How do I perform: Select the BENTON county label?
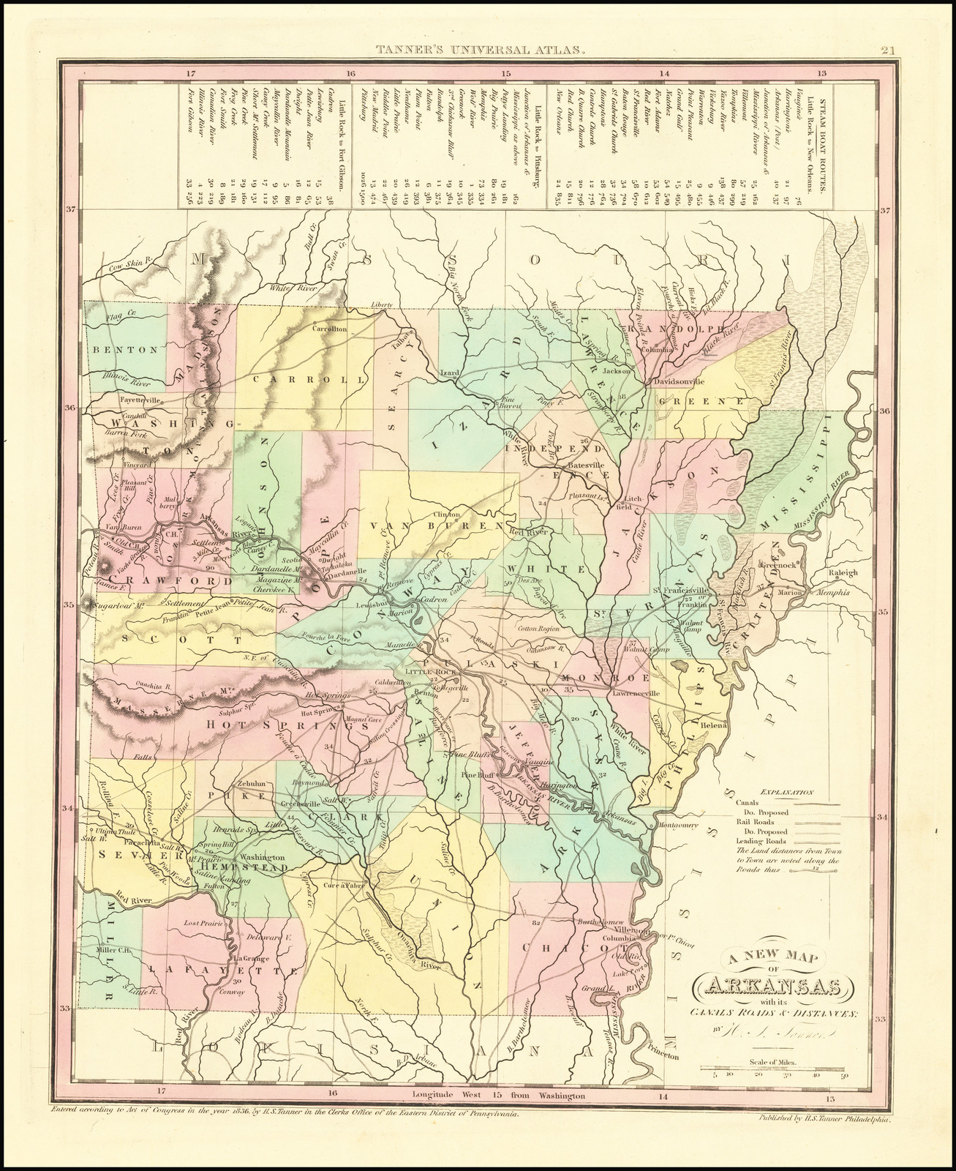[x=125, y=349]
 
